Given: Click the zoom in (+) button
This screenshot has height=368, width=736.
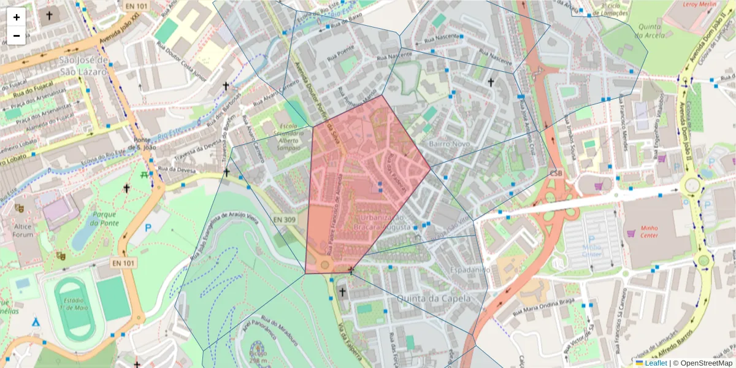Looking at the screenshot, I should coord(17,17).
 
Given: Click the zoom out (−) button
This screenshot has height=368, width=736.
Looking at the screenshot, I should coord(17,36).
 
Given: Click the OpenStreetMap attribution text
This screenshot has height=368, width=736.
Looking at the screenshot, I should coord(702,363).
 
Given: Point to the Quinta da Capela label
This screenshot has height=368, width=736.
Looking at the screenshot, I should coord(434,298).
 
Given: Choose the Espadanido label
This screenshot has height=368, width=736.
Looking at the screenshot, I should coord(469,269).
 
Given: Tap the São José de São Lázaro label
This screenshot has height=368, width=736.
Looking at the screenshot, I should coord(84,66).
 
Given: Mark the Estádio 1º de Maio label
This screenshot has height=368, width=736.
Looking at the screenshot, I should coord(74,305).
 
